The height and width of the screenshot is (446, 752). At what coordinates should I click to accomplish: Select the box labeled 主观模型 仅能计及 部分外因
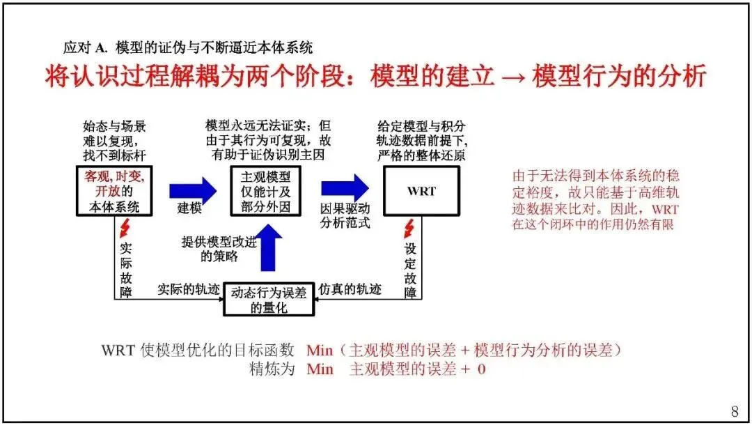pyautogui.click(x=266, y=190)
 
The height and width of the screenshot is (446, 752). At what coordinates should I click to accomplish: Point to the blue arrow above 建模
pyautogui.click(x=192, y=188)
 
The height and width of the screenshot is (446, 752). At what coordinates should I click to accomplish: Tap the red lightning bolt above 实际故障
pyautogui.click(x=125, y=227)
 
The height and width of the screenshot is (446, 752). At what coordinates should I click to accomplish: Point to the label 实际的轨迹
pyautogui.click(x=187, y=289)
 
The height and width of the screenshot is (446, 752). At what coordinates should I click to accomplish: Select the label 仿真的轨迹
pyautogui.click(x=350, y=289)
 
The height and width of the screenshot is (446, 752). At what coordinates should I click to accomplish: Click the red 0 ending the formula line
pyautogui.click(x=481, y=369)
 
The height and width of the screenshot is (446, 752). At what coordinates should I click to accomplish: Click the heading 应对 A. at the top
pyautogui.click(x=83, y=47)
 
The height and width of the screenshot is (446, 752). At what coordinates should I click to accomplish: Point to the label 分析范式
pyautogui.click(x=345, y=223)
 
